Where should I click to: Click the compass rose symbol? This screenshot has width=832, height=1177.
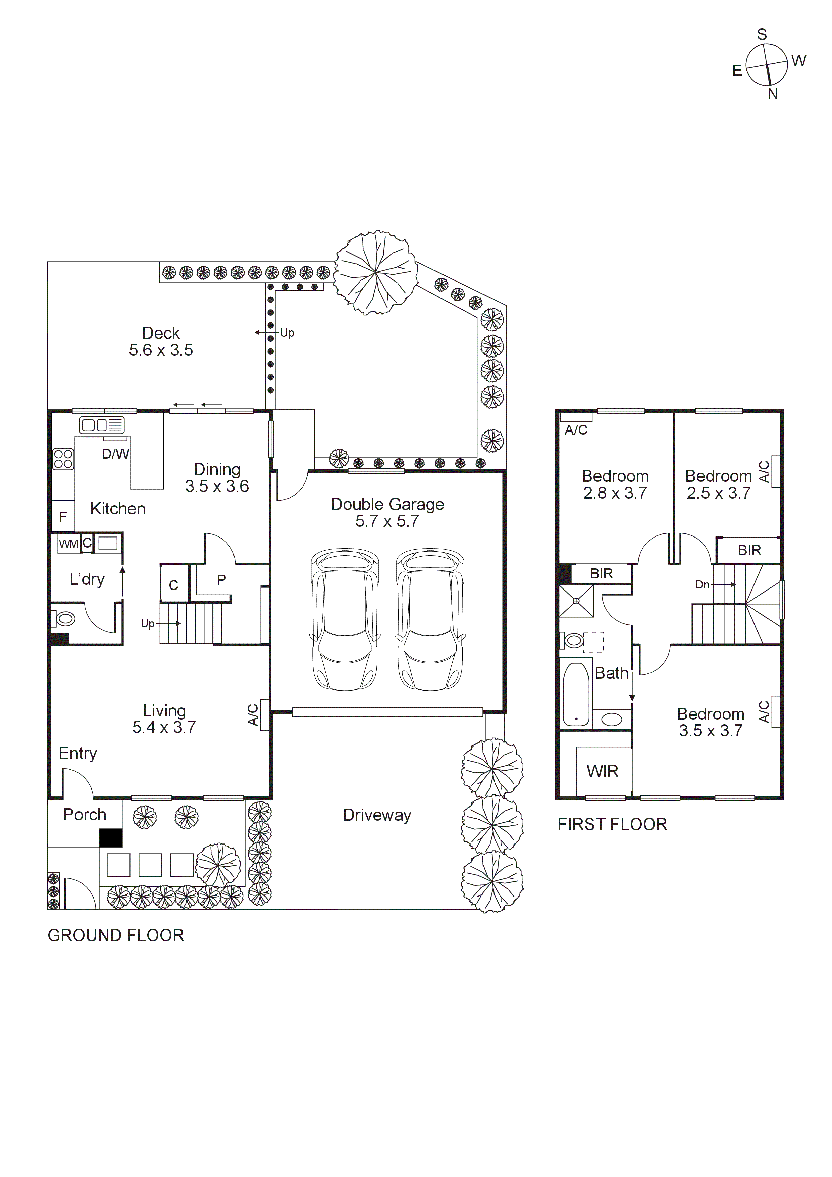coord(766,65)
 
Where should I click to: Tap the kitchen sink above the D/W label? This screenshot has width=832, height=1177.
coord(102,425)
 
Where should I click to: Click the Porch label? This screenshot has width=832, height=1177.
coord(85,815)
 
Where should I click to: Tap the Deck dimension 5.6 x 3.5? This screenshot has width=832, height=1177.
coord(161,350)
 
